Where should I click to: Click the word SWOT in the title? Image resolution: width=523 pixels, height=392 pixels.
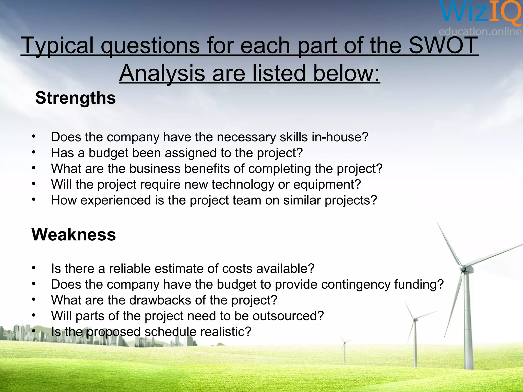click(443, 45)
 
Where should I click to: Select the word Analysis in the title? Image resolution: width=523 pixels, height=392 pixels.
click(162, 73)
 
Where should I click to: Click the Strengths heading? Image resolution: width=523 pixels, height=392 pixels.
click(75, 98)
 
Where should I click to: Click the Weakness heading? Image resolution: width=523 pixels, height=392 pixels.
click(74, 234)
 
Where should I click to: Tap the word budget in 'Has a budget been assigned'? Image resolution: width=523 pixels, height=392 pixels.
click(108, 153)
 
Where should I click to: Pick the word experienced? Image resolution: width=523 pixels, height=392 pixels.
click(115, 200)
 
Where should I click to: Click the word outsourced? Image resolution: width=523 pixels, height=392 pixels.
click(288, 316)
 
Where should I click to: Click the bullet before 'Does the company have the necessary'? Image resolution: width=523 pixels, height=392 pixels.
click(33, 137)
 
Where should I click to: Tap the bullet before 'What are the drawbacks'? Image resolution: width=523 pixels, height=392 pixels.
click(33, 300)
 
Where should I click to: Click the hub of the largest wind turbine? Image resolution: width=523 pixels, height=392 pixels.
click(463, 269)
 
